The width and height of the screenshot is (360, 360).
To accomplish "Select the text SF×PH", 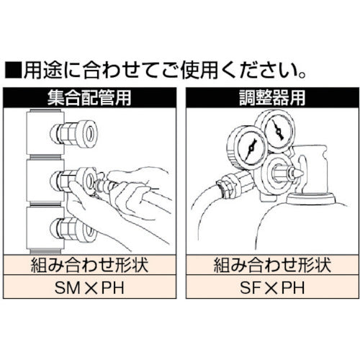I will (270, 288).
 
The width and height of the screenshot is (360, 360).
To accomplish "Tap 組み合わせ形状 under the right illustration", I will (270, 264).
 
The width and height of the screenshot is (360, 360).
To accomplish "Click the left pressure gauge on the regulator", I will (248, 148).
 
